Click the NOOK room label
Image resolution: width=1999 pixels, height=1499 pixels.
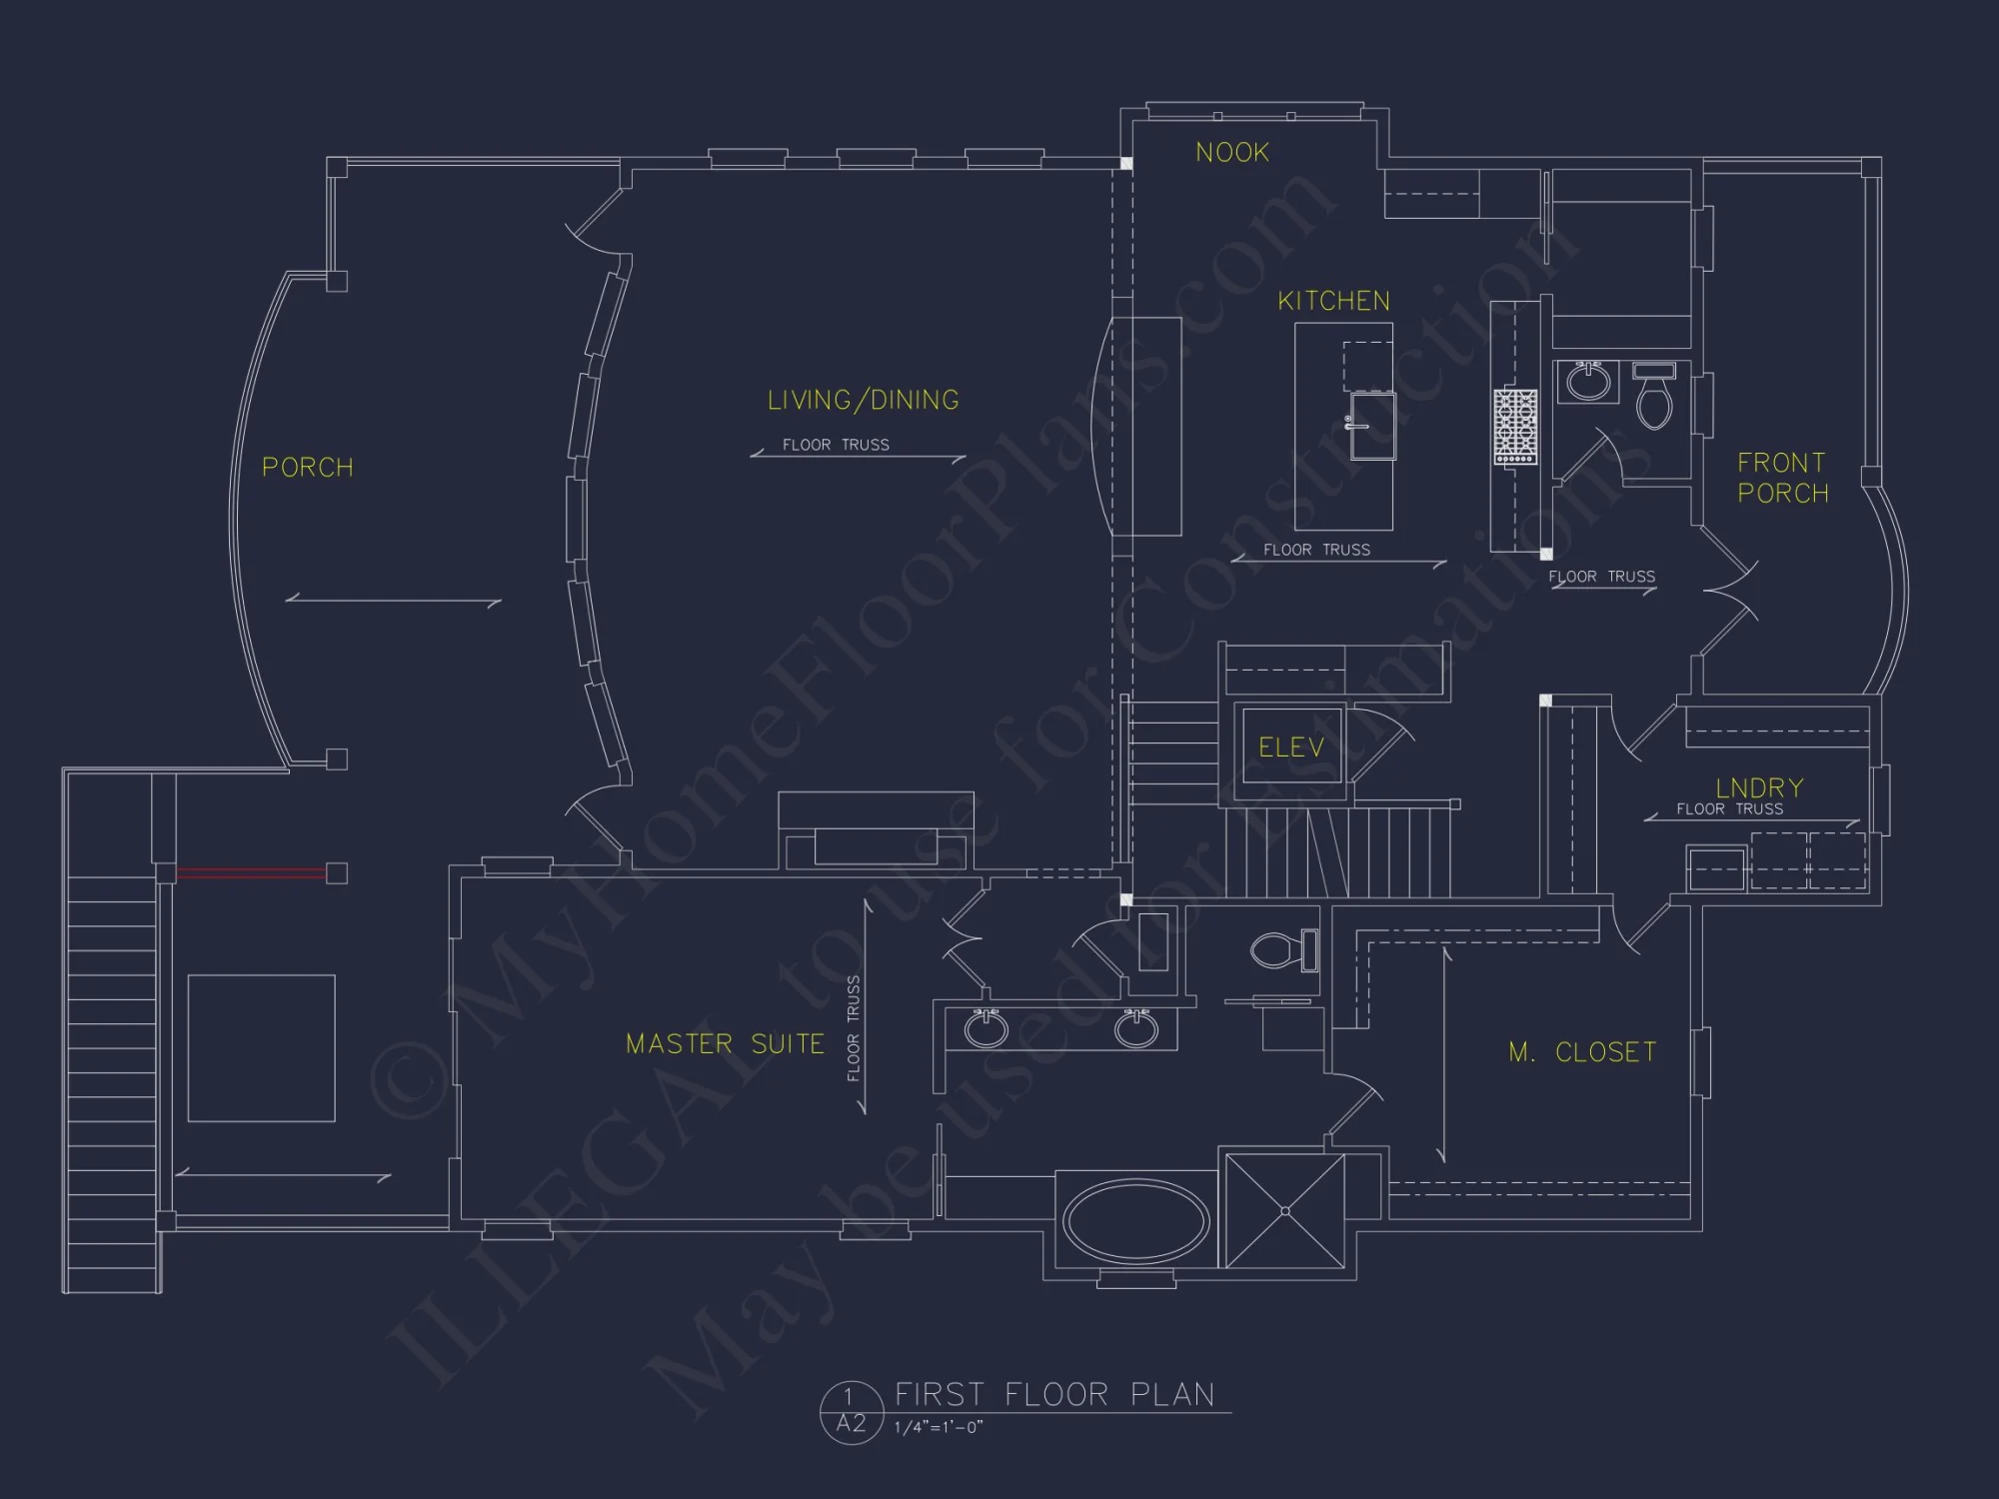point(1232,153)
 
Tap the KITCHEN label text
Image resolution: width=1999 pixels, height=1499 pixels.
point(1333,301)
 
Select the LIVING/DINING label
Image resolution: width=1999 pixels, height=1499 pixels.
point(863,401)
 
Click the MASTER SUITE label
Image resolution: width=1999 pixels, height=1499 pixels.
point(725,1044)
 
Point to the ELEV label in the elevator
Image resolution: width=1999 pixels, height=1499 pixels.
point(1290,748)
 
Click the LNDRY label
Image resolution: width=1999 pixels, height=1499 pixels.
point(1759,787)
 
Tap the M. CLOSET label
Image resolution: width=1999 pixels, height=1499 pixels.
point(1582,1052)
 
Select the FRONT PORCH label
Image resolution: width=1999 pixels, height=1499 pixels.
point(1782,478)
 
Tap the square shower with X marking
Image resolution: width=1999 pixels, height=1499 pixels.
point(1284,1211)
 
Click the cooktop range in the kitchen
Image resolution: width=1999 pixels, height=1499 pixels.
point(1515,427)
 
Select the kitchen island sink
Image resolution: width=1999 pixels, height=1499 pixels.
point(1372,426)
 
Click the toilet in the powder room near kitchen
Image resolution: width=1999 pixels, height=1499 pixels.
point(1654,400)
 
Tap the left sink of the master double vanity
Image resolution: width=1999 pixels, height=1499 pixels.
point(986,1029)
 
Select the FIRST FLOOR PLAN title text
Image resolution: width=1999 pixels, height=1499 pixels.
point(1054,1394)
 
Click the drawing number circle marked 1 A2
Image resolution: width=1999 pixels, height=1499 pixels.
point(851,1411)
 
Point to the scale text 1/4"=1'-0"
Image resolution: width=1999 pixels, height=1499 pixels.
point(939,1428)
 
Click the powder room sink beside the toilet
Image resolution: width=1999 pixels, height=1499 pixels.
point(1587,382)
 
